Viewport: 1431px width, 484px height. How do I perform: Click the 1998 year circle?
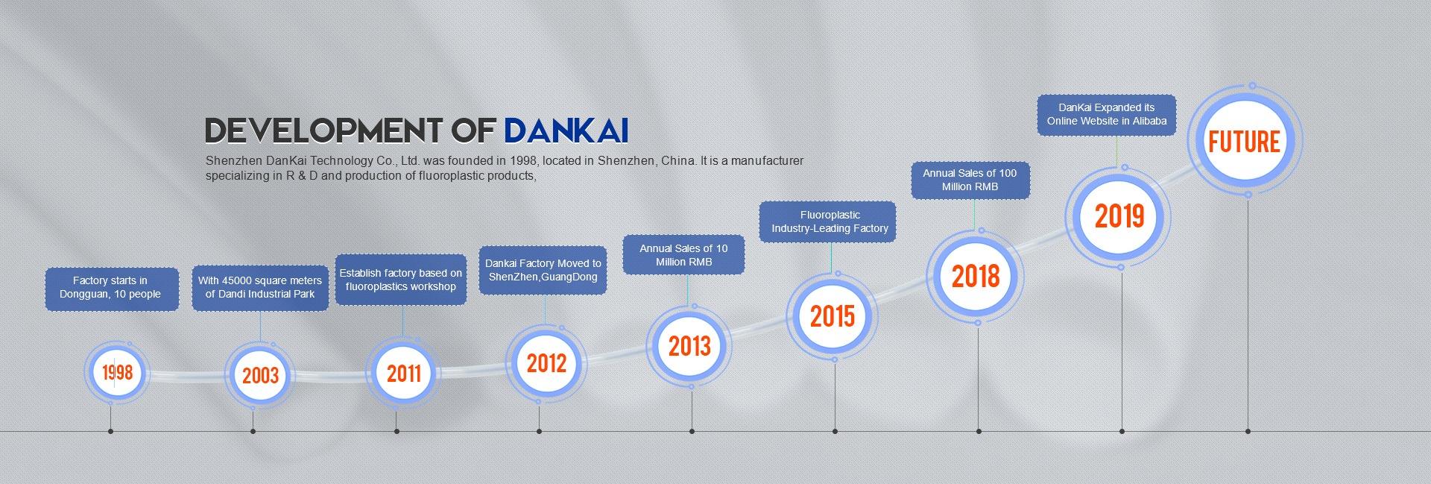coord(117,372)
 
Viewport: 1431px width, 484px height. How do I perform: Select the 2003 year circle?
coord(260,374)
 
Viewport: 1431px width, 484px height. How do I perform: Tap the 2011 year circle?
coord(403,372)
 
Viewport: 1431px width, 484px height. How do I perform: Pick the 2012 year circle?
coord(547,363)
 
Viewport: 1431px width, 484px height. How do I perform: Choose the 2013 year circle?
coord(689,346)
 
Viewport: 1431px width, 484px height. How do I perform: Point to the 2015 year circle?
coord(833,316)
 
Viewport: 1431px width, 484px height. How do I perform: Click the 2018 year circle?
coord(976,277)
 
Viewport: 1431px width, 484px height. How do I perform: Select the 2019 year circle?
coord(1119,216)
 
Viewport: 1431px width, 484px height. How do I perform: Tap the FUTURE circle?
coord(1244,140)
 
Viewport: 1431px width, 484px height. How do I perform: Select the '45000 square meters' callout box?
coord(260,288)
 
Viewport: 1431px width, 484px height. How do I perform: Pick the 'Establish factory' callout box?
coord(401,280)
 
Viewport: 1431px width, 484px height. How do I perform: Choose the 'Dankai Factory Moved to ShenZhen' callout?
coord(543,270)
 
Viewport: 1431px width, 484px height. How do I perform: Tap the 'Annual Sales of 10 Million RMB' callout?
coord(684,254)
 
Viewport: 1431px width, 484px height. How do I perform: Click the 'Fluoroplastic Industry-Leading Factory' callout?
coord(830,221)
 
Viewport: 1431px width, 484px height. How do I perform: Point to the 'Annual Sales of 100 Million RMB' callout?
coord(970,180)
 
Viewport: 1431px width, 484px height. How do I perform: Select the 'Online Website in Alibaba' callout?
coord(1107,115)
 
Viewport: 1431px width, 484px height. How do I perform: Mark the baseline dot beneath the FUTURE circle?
coord(1248,431)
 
